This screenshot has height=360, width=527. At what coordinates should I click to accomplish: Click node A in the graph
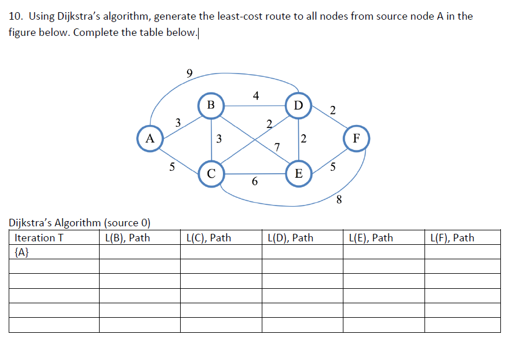click(150, 139)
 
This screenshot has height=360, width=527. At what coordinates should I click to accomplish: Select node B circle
click(211, 105)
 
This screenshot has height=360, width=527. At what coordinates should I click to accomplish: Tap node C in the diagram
click(211, 173)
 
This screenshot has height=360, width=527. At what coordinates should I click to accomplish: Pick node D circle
click(298, 105)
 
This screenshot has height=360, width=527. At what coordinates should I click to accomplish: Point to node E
click(298, 173)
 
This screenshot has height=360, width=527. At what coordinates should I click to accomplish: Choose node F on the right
click(356, 139)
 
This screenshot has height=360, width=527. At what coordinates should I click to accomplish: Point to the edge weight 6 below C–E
click(254, 182)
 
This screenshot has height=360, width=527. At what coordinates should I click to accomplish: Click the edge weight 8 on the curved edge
click(339, 201)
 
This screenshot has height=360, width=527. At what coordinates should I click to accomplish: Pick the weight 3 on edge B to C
click(218, 139)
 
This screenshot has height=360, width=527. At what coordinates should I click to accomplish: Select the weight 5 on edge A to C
click(171, 168)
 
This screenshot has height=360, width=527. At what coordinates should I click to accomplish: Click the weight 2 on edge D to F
click(332, 110)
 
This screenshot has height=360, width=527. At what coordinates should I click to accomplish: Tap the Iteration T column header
click(38, 238)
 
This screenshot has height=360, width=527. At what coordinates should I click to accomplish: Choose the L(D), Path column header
click(290, 238)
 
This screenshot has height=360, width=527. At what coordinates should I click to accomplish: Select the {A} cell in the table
click(21, 252)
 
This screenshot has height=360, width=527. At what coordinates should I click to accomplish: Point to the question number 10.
click(14, 16)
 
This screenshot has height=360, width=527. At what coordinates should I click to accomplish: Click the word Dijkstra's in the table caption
click(32, 223)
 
